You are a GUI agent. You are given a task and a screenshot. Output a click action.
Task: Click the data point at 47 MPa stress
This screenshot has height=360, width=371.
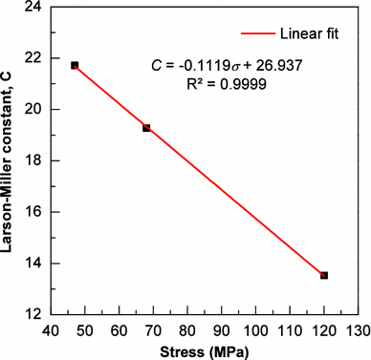click(x=75, y=65)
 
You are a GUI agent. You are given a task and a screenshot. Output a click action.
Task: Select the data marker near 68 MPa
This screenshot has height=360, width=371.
click(x=146, y=127)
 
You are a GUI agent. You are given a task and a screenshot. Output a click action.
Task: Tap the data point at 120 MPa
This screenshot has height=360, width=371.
click(x=324, y=275)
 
